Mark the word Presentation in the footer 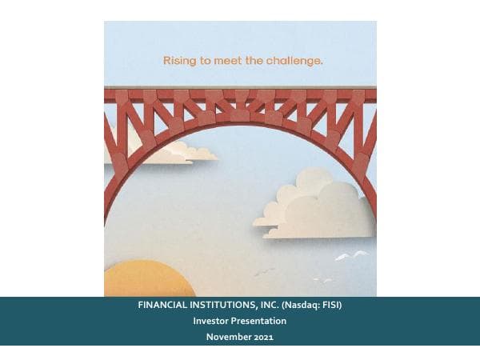click(x=259, y=321)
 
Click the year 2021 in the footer click(x=265, y=337)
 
